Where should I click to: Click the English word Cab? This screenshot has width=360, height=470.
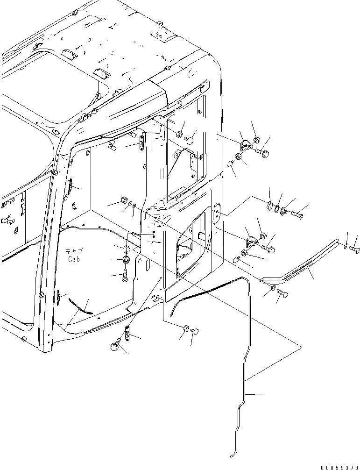73,259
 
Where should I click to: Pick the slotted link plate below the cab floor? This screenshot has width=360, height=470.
127,334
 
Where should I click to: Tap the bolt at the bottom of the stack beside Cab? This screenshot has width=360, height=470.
125,276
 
